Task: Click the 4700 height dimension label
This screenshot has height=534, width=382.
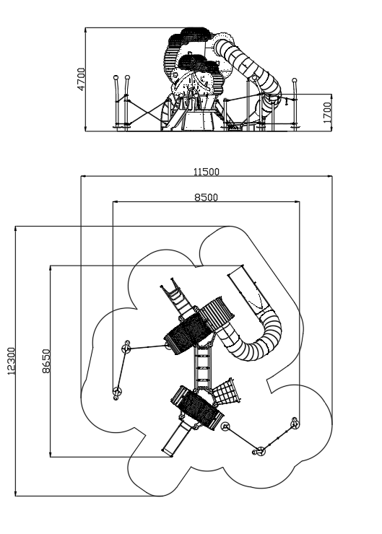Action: pyautogui.click(x=81, y=79)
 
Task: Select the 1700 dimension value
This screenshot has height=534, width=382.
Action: pyautogui.click(x=327, y=113)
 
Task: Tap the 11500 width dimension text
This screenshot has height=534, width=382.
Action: pyautogui.click(x=207, y=172)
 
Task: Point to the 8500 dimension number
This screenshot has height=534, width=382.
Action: pyautogui.click(x=206, y=197)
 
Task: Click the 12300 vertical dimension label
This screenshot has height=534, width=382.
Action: pyautogui.click(x=12, y=361)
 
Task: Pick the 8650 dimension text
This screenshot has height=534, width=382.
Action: pyautogui.click(x=46, y=361)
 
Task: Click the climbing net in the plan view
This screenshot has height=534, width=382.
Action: pyautogui.click(x=226, y=392)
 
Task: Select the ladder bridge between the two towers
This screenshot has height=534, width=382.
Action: pyautogui.click(x=203, y=368)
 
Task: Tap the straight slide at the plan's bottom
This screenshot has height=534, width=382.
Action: pyautogui.click(x=175, y=438)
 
